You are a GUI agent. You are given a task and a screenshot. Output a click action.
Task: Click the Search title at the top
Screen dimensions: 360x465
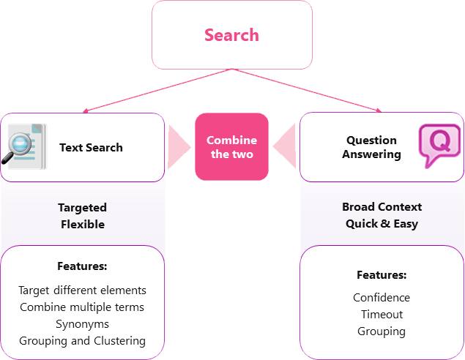(231, 35)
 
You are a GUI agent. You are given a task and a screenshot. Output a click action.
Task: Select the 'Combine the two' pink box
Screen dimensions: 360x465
(231, 147)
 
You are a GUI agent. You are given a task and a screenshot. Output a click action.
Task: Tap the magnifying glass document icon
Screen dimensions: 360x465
(25, 146)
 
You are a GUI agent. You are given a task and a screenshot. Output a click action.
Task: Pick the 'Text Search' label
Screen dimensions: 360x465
(91, 147)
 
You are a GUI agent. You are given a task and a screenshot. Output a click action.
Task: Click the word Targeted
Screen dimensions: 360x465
(82, 208)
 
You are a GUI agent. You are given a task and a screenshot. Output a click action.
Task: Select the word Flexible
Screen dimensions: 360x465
(82, 224)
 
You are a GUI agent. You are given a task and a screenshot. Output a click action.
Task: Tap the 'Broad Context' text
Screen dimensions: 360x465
(382, 207)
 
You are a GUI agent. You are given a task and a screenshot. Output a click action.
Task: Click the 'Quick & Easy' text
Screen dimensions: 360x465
(382, 223)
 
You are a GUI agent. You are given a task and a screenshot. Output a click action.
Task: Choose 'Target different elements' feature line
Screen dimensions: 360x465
(82, 290)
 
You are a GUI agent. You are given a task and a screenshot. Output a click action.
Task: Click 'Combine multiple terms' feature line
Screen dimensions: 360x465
(82, 307)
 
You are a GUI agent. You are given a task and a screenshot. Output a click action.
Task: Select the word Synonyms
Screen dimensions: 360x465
(82, 323)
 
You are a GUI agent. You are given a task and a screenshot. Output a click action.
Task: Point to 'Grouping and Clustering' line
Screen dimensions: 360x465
(82, 340)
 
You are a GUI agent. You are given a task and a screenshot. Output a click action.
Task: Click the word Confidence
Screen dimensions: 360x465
(382, 298)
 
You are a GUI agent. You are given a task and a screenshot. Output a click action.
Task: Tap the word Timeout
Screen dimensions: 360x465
(382, 315)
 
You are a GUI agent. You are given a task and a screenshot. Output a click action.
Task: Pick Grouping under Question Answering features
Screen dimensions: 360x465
(382, 331)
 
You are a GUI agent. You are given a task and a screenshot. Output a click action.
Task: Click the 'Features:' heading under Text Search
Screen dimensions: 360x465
(82, 266)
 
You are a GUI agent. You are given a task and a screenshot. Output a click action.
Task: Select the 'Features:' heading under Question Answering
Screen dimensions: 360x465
(382, 275)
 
